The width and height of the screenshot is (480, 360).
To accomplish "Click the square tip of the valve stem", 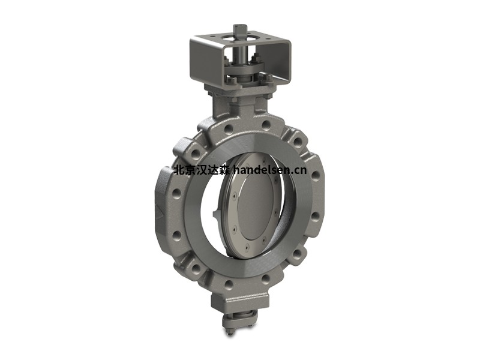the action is (238, 29).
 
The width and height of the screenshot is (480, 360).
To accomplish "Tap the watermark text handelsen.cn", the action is (269, 170).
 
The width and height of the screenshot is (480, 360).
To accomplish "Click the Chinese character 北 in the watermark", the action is (178, 170).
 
